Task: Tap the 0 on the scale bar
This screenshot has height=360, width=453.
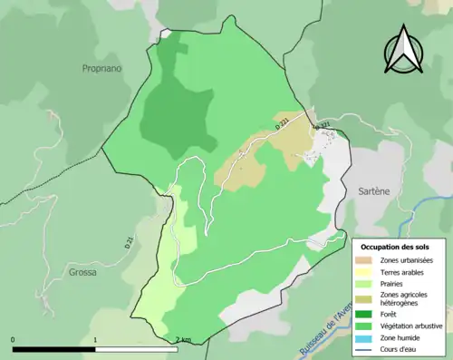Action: point(13,340)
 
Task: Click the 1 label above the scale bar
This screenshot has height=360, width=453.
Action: point(96,340)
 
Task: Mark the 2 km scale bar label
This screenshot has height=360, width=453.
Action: point(183,340)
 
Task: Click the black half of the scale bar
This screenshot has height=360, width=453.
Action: point(54,349)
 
